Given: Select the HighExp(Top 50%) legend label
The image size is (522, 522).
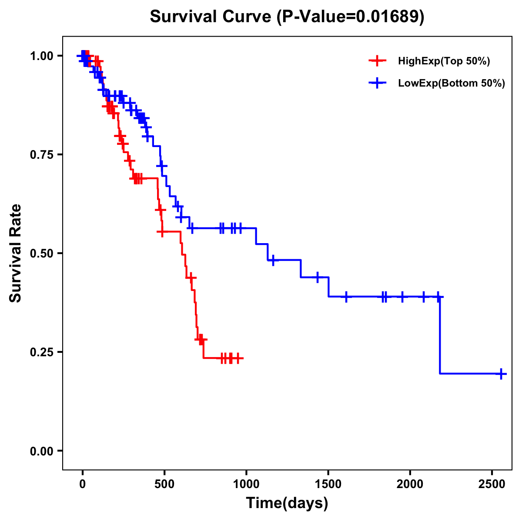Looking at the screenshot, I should click(444, 61).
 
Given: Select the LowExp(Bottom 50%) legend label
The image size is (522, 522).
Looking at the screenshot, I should click(452, 84).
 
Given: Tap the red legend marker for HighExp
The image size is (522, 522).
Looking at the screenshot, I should click(377, 61).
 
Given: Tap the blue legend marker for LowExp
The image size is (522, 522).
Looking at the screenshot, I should click(377, 83).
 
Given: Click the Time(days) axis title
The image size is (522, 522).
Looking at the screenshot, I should click(287, 503).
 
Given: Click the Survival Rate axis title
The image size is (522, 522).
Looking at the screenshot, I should click(16, 253).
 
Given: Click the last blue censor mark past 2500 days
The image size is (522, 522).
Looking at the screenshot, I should click(501, 373).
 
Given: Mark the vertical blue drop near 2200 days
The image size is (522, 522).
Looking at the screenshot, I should click(440, 335).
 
